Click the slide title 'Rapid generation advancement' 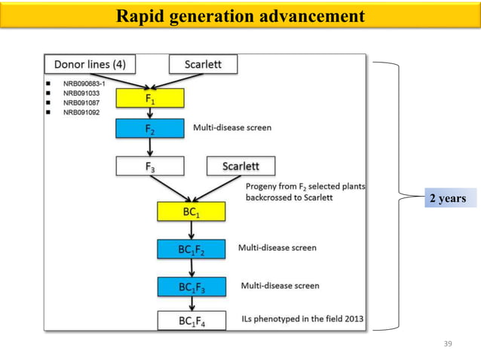point(240,16)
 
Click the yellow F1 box point(149,98)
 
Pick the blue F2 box point(149,129)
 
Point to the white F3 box point(149,166)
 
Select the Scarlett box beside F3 point(240,166)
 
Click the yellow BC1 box point(191,212)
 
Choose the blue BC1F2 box point(191,249)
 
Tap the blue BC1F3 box point(191,286)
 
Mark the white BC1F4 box point(191,320)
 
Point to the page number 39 point(448,343)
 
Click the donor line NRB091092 point(83,112)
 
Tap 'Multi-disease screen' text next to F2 point(232,128)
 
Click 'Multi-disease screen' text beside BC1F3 point(280,285)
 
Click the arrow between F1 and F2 point(149,113)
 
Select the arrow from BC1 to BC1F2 point(191,230)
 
